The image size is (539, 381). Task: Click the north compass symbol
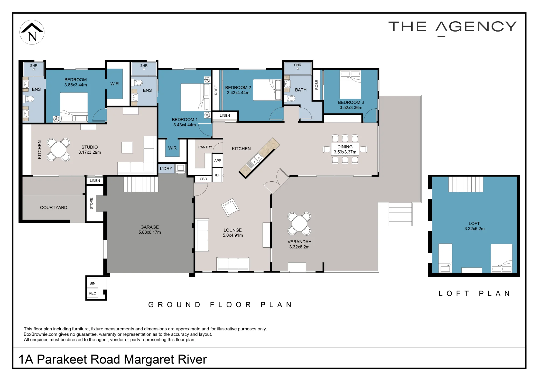pos(32,32)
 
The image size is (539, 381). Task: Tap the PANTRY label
pos(205,147)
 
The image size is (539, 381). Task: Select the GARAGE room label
pos(150,227)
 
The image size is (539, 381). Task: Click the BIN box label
pos(92,283)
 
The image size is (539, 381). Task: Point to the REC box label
pos(92,293)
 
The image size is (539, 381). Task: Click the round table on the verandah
pos(299,224)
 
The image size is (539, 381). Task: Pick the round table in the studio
pos(58,150)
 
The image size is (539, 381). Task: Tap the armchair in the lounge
pos(230,207)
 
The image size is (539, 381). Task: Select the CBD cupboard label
pos(203,179)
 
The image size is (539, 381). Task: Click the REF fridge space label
pos(217,175)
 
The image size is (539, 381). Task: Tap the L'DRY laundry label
pos(166,169)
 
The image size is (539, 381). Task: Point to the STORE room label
pos(91,203)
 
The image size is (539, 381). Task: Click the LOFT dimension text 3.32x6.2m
pos(474,229)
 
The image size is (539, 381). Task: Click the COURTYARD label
pos(54,207)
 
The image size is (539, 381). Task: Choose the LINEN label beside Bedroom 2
pos(225,116)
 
